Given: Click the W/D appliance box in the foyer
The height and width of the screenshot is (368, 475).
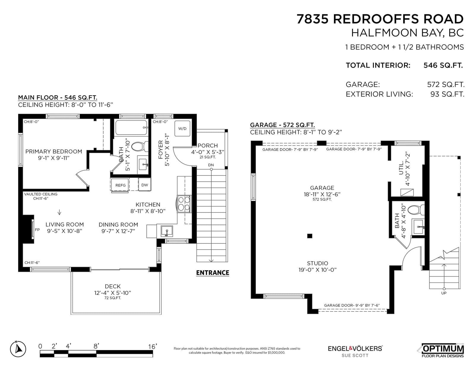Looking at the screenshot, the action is (182, 129).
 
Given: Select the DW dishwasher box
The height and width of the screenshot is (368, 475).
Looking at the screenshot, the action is (145, 185).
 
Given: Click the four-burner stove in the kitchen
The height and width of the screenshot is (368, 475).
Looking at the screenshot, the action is (184, 204).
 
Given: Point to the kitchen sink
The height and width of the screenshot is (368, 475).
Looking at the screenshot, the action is (167, 231).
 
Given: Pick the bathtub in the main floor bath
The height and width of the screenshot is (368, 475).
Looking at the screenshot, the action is (132, 128).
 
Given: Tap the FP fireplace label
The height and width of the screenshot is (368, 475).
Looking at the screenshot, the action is (37, 230).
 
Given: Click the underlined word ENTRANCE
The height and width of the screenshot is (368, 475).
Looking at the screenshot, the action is (213, 273).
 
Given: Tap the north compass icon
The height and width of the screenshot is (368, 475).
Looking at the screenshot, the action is (18, 349).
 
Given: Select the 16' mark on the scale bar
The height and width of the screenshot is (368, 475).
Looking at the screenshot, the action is (153, 346).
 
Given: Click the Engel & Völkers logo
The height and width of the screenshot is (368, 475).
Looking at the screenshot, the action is (355, 351).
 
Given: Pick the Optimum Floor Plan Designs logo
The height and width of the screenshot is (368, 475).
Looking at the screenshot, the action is (442, 351).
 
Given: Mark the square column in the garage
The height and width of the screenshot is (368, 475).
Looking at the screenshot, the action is (310, 236).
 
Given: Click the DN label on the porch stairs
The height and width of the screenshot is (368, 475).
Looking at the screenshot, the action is (211, 165).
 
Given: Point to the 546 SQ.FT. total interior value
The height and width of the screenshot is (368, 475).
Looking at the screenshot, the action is (443, 65).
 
